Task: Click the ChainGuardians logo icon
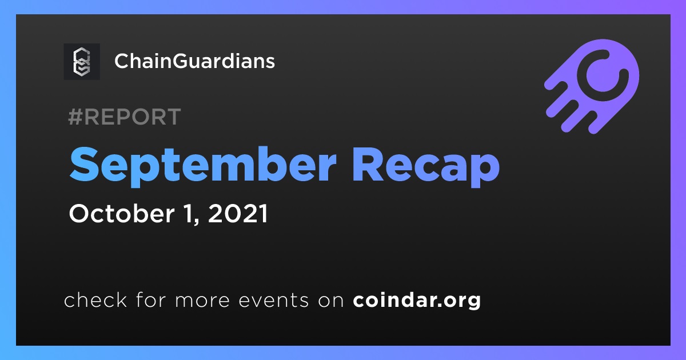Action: pos(82,62)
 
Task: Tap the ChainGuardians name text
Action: pos(195,61)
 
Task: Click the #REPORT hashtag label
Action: pos(125,117)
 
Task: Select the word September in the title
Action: pos(203,165)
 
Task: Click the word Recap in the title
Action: pos(426,166)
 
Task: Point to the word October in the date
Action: pos(122,213)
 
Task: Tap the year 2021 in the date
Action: pos(238,213)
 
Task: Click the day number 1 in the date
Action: pos(189,213)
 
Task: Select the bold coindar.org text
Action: pos(417,300)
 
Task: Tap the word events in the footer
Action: pos(274,301)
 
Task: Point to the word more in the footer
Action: pos(202,301)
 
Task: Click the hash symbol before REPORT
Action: pos(75,117)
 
